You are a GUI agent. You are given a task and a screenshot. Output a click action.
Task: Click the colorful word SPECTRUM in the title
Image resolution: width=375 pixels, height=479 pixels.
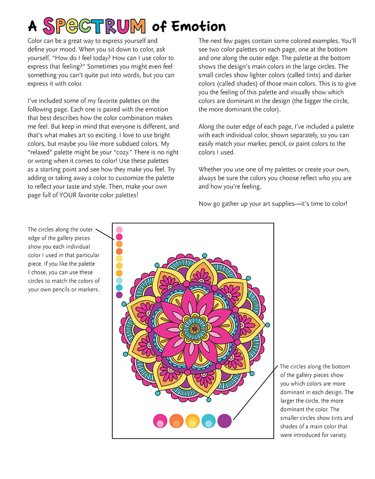[94, 26]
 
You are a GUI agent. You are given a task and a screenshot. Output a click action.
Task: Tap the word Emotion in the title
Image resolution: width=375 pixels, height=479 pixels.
[198, 27]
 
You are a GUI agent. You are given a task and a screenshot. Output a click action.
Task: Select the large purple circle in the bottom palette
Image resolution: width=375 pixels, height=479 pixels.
[225, 421]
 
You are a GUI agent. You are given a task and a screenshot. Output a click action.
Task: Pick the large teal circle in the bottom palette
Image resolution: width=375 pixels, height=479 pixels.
[208, 421]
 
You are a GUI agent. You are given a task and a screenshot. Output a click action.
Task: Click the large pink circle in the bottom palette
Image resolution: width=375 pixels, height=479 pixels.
[160, 421]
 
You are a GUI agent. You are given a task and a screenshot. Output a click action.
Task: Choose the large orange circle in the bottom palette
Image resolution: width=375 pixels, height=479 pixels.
[176, 421]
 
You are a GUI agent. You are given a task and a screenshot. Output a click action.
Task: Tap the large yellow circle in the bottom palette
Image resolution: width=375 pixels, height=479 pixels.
[192, 421]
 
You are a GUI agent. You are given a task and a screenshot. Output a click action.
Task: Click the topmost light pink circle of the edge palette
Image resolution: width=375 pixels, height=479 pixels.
[119, 230]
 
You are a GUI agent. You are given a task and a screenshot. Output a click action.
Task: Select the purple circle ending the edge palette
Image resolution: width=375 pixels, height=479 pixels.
[119, 295]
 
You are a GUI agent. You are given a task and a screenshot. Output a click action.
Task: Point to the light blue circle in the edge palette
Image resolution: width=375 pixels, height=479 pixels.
[119, 280]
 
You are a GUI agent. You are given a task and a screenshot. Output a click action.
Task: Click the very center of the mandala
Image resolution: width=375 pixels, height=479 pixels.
[194, 329]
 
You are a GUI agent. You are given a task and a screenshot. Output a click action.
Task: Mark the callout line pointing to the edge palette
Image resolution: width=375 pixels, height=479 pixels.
[105, 234]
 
